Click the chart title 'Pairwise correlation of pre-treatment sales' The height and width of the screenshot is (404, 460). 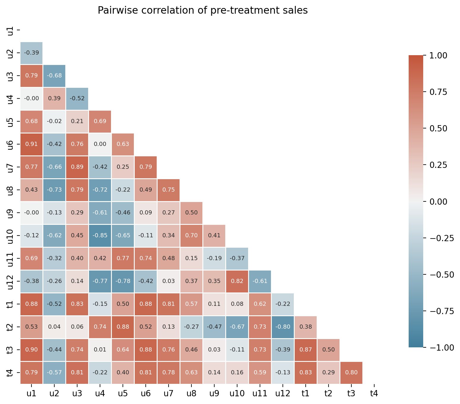203,11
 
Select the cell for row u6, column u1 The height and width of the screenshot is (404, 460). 31,144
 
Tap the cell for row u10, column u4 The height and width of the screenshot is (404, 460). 100,236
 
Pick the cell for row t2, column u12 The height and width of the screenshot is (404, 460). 283,327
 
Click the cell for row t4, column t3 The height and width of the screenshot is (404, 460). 351,373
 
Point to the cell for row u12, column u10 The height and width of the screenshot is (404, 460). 237,281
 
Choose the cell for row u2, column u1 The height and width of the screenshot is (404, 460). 31,53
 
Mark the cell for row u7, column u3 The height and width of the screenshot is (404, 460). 77,167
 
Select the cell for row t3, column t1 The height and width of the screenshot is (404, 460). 305,350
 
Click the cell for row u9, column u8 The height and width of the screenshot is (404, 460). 191,213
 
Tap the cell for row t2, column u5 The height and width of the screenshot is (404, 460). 123,327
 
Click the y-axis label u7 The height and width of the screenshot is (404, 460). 10,167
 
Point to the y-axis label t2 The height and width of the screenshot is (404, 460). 10,327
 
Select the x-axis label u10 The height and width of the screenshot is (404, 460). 237,394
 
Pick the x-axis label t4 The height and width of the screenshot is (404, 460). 374,394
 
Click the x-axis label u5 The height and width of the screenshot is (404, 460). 123,394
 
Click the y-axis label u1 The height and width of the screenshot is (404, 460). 10,30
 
